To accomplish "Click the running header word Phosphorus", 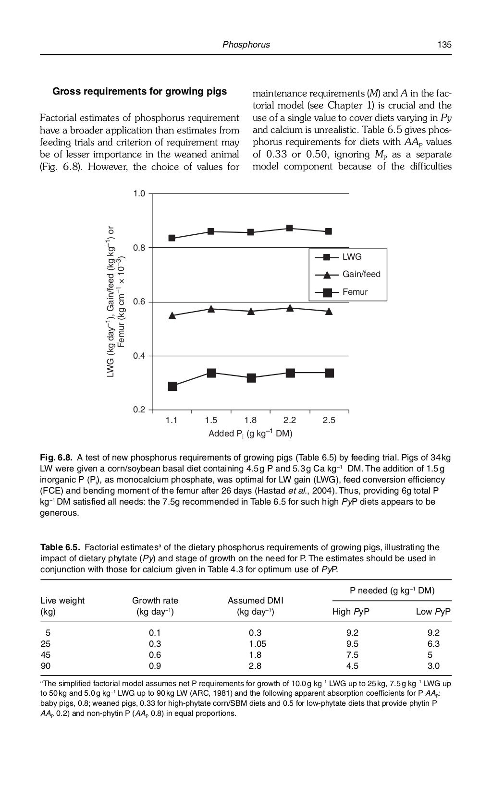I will pos(246,45).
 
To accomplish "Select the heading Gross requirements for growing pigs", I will pos(139,91).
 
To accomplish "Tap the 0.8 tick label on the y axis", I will pos(139,248).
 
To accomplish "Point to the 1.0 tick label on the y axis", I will pos(139,193).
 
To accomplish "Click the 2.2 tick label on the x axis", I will pos(290,420).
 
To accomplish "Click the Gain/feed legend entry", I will pos(361,274).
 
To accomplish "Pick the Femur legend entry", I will pos(355,291).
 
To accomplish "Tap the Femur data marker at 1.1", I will pos(172,386).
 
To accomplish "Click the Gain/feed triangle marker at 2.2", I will pos(290,308).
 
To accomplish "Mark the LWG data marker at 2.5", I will pos(329,231).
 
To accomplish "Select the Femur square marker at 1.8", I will pos(251,378).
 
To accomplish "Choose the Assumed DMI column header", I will pos(255,601).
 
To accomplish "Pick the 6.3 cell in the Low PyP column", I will pos(433,644).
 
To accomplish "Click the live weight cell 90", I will pos(45,666).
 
